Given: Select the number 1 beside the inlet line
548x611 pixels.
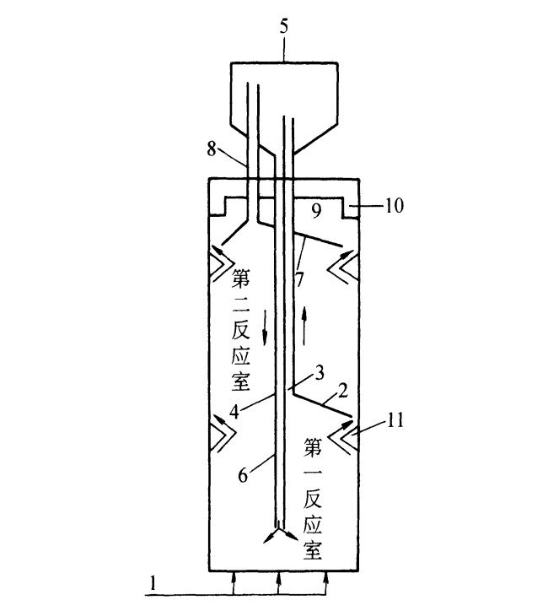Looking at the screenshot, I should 153,581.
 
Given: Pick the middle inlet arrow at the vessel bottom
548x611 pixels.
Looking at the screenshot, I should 280,581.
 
